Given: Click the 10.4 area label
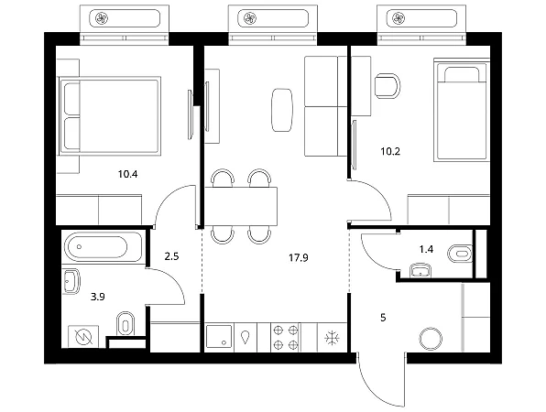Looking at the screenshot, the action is pos(127,174).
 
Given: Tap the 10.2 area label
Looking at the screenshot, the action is pos(390,151).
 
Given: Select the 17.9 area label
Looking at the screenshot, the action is pos(299,258).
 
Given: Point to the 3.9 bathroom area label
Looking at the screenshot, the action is pos(98,297).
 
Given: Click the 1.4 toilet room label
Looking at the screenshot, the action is pos(426,249).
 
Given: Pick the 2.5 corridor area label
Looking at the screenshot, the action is pos(171,256).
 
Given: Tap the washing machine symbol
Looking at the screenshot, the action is pos(84,337).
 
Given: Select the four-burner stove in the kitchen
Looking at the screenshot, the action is pos(286,337).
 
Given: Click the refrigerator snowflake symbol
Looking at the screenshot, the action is pos(333,338).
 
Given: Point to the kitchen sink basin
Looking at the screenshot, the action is pos(219,337).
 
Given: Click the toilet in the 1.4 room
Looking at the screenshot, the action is pos(460,253).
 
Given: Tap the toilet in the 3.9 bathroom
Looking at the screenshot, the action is pos(125,324).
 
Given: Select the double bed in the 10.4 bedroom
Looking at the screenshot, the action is pos(110,116).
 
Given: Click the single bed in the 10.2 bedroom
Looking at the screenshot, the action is pos(460,110).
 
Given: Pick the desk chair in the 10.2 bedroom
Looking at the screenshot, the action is pos(388,86).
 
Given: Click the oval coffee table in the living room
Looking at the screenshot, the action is pos(282,110).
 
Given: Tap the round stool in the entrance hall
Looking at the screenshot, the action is pos(431,339).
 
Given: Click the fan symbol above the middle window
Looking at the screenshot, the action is pos(250,18).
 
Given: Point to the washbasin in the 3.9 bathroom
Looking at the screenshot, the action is pos(71,281).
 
